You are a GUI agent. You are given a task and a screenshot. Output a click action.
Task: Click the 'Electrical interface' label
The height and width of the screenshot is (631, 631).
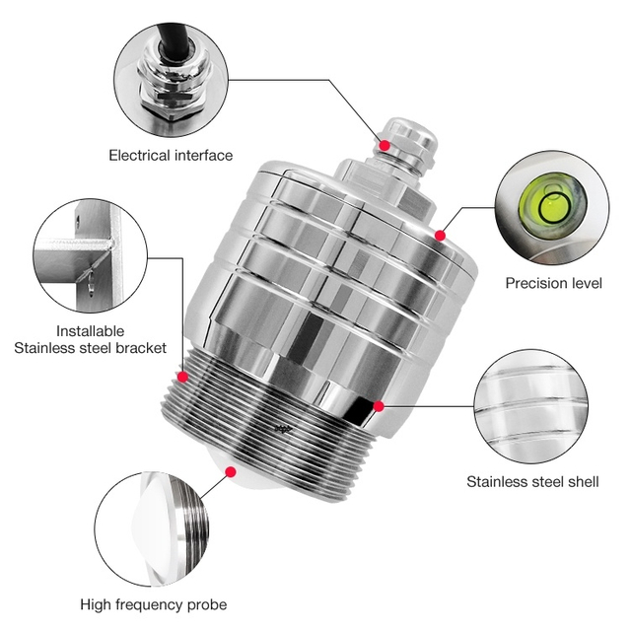(171, 156)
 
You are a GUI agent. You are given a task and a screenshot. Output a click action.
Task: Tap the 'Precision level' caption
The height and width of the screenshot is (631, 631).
(554, 283)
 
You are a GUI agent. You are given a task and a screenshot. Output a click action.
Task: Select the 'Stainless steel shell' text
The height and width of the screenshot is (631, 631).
(532, 482)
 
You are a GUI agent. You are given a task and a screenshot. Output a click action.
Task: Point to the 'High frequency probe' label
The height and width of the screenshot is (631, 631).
(154, 604)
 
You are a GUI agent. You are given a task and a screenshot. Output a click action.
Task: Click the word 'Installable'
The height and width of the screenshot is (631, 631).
(90, 331)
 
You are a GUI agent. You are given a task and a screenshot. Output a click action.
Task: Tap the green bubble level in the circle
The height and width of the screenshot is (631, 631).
(553, 204)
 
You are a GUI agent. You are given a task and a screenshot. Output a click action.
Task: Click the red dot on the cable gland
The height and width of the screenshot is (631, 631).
(385, 145)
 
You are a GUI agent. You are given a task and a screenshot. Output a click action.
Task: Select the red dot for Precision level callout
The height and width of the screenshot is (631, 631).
(441, 236)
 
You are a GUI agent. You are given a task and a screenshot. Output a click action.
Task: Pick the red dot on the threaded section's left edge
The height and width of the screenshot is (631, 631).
(182, 377)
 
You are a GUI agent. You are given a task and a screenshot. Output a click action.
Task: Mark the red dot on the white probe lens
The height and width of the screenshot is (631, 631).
(231, 471)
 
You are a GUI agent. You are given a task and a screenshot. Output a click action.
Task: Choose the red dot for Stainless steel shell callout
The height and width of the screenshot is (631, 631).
(379, 406)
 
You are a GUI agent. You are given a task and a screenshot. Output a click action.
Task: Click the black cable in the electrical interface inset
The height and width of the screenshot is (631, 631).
(174, 40)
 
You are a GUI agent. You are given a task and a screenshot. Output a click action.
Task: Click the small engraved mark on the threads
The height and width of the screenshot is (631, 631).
(283, 429)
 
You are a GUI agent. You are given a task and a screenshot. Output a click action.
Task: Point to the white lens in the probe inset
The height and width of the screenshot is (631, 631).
(155, 531)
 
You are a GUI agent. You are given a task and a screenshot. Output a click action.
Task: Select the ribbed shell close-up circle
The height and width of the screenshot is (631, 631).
(530, 406)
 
